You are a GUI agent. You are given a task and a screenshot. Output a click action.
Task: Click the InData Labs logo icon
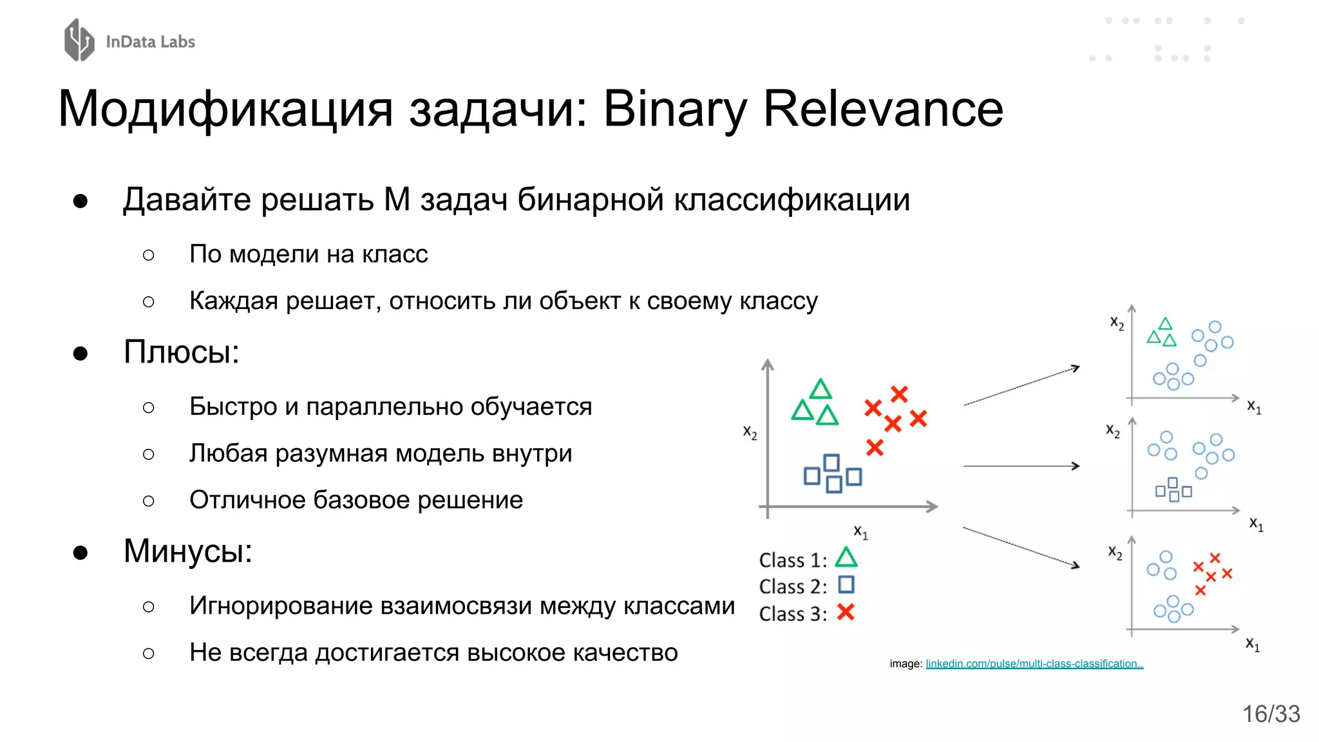pyautogui.click(x=79, y=40)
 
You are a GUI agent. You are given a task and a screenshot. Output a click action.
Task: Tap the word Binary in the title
pyautogui.click(x=675, y=109)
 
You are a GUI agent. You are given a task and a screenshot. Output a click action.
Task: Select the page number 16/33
pyautogui.click(x=1271, y=714)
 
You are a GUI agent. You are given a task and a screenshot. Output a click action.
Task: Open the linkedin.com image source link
pyautogui.click(x=1034, y=663)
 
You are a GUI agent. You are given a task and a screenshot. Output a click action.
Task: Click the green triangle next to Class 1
pyautogui.click(x=846, y=557)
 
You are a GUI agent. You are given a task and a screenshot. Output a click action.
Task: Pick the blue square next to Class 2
pyautogui.click(x=846, y=585)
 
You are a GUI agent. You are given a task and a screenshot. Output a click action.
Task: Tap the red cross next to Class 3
pyautogui.click(x=846, y=612)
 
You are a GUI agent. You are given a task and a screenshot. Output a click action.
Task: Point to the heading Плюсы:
pyautogui.click(x=181, y=352)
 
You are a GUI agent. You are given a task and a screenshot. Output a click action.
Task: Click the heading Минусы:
pyautogui.click(x=187, y=551)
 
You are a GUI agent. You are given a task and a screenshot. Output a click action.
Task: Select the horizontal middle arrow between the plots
pyautogui.click(x=1021, y=466)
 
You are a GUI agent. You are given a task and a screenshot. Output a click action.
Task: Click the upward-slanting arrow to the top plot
pyautogui.click(x=1021, y=386)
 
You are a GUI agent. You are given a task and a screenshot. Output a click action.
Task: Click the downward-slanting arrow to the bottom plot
pyautogui.click(x=1021, y=547)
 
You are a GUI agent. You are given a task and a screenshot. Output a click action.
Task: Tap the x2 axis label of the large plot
pyautogui.click(x=750, y=432)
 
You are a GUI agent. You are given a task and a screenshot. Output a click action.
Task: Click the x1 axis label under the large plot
pyautogui.click(x=860, y=532)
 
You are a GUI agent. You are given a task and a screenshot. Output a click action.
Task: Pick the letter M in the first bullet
pyautogui.click(x=397, y=200)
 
